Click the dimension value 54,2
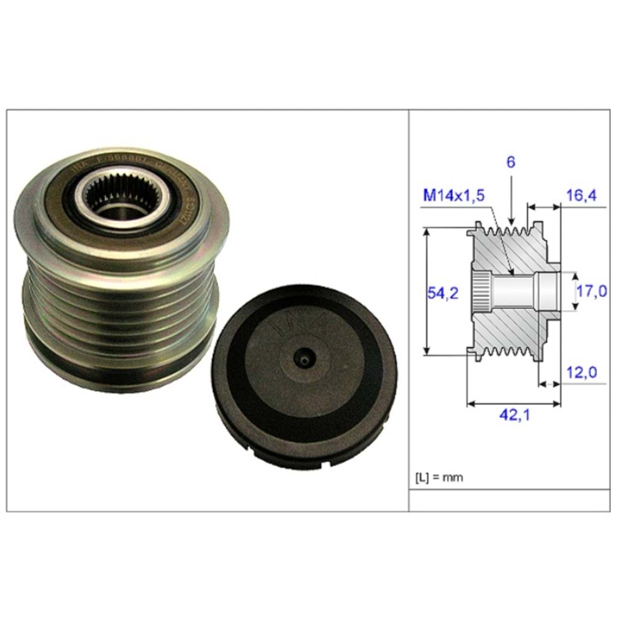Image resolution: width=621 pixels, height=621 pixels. click(x=443, y=294)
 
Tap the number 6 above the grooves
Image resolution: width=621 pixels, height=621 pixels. click(x=510, y=162)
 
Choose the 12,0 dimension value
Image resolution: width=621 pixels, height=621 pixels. click(x=582, y=372)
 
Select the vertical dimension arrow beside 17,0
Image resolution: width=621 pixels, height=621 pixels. click(x=573, y=291)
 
